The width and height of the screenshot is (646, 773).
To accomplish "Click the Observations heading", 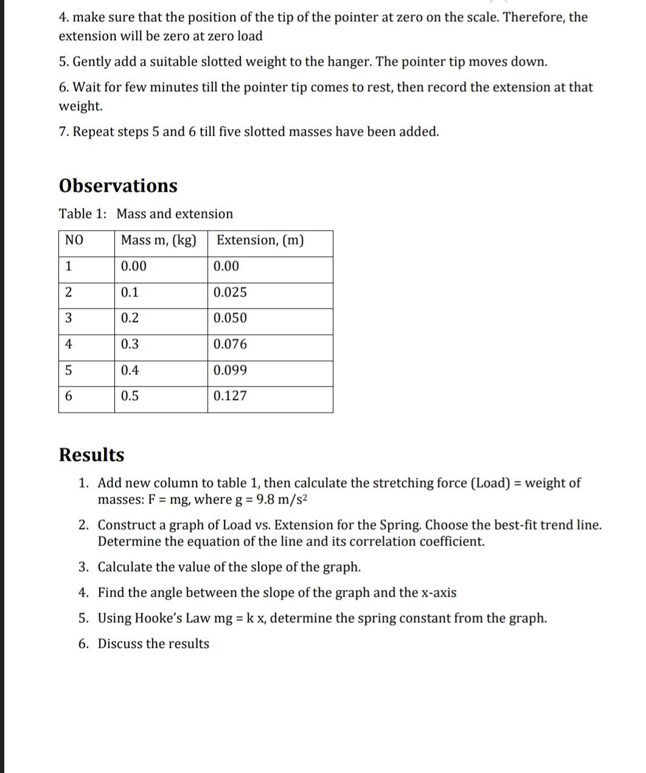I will click(118, 186).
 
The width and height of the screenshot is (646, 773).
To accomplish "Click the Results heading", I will click(91, 455).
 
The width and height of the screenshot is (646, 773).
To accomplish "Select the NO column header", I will click(74, 240).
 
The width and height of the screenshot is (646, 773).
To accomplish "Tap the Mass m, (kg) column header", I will click(159, 240).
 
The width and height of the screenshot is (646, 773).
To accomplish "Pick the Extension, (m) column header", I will click(260, 240).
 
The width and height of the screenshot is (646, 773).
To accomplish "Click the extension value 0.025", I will click(230, 292).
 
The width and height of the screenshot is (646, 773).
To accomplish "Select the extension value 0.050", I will click(230, 318).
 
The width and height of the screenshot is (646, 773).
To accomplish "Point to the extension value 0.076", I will click(230, 345).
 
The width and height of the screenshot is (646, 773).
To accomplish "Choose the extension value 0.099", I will click(230, 371).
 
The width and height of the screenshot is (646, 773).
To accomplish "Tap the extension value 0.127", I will click(230, 396).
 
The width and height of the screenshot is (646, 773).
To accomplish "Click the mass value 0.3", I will click(130, 345).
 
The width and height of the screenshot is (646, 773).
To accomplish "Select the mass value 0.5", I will click(130, 396).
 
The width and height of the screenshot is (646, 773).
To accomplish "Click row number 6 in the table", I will click(68, 396).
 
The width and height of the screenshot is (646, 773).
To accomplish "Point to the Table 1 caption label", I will click(83, 214).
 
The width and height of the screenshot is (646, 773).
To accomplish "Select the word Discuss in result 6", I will click(120, 644).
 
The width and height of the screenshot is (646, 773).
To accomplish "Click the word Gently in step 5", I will click(91, 62).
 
